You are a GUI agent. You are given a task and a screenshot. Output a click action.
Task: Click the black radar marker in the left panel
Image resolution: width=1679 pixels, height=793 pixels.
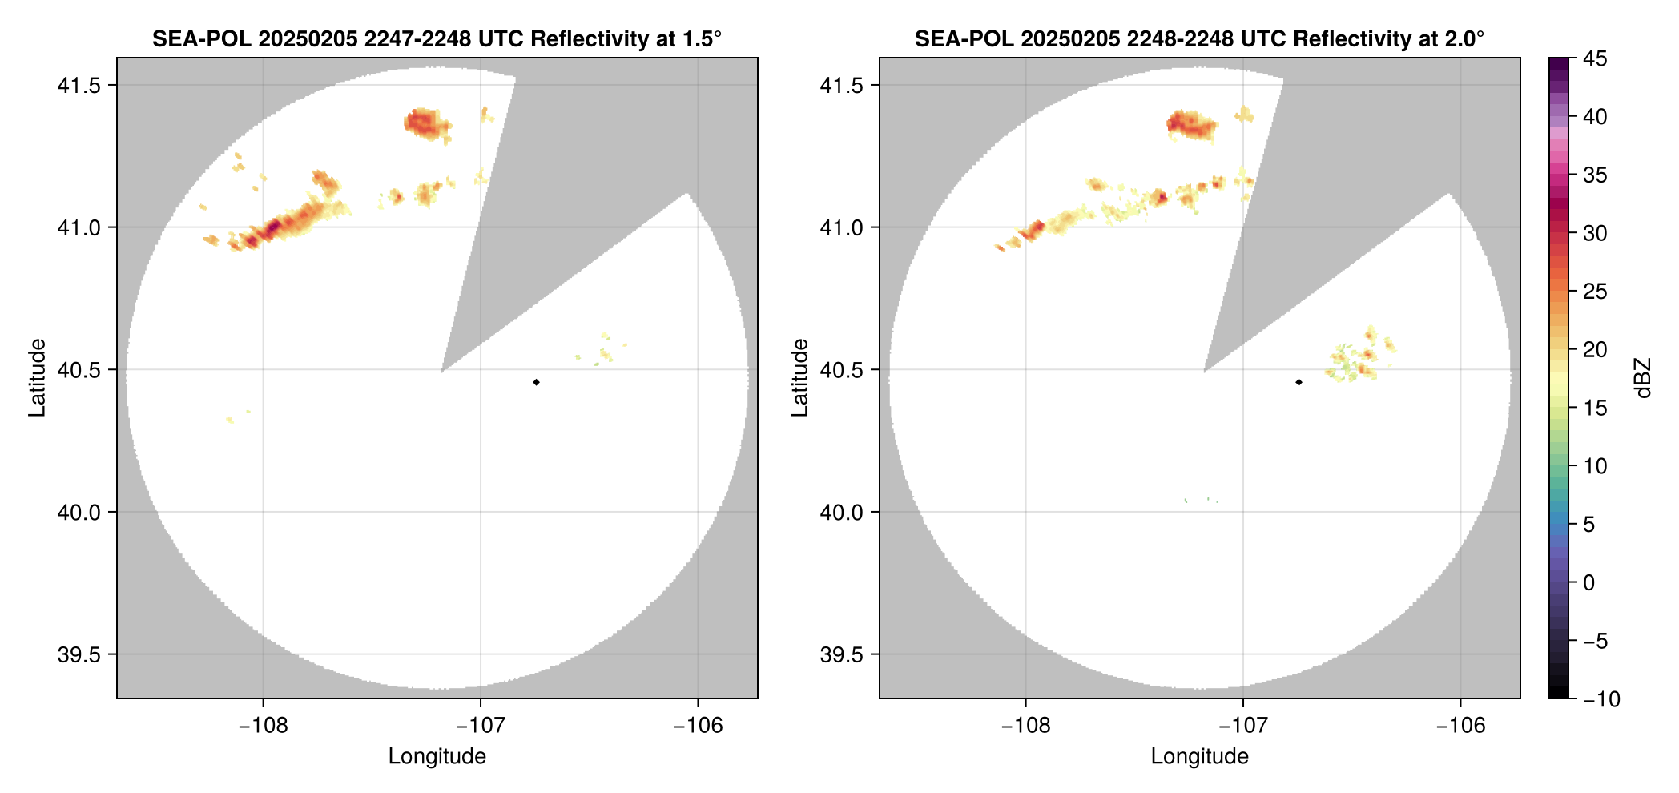pos(536,382)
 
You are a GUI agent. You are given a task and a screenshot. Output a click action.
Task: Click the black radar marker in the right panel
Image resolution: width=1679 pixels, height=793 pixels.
pos(1299,382)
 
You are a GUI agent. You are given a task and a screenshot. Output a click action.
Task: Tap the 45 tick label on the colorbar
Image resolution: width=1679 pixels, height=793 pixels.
pos(1595,58)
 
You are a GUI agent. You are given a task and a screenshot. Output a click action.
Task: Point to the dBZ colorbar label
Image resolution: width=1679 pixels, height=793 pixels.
pos(1643,378)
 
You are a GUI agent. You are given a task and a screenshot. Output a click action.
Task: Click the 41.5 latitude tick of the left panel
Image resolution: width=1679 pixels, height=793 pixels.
pos(79,85)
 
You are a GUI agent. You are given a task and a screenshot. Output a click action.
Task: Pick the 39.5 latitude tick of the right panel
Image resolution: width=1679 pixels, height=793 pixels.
pos(841,654)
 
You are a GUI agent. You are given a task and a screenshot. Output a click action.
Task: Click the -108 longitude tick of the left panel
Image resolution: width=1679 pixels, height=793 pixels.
pos(263,726)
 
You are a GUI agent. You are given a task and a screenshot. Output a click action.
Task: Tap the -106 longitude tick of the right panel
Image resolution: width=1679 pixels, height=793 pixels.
pos(1461,726)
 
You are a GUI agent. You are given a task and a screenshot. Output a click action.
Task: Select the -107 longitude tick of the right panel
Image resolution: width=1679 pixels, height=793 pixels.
pos(1243,726)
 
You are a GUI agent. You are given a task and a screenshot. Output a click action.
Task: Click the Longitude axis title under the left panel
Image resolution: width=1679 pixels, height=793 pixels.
pos(437,756)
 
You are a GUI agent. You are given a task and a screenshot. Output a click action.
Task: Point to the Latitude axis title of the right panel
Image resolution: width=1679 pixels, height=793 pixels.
pos(799,378)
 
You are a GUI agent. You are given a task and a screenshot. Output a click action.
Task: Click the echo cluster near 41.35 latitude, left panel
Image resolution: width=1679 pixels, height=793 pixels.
pos(426,123)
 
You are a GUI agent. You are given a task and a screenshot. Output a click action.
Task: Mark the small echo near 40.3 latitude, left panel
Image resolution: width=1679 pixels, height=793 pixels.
pos(231,419)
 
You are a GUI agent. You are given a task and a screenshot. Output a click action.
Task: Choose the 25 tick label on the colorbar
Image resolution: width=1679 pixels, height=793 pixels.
pos(1595,292)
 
